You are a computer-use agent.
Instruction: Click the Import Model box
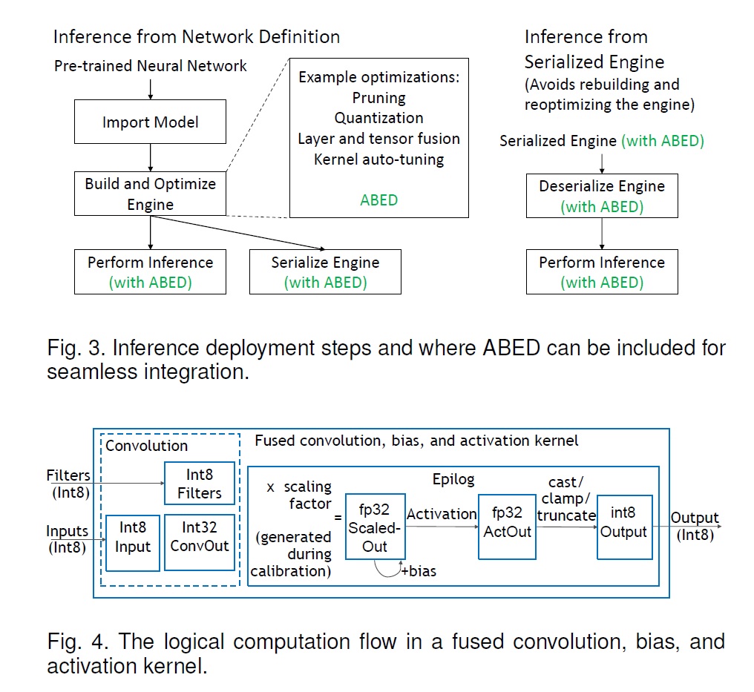pos(150,122)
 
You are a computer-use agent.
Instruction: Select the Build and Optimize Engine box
pos(150,194)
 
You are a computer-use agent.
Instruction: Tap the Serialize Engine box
pos(325,271)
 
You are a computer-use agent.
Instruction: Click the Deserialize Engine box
pos(601,196)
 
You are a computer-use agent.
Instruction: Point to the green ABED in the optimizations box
pos(378,200)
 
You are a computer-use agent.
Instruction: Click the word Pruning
pos(378,98)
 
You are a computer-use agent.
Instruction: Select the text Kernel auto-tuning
pos(378,159)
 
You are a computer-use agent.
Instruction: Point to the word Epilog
pos(453,479)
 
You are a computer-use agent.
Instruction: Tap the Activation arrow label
pos(442,514)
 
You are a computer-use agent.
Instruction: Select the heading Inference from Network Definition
pos(197,36)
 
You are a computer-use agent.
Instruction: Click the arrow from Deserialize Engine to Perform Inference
pos(601,234)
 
